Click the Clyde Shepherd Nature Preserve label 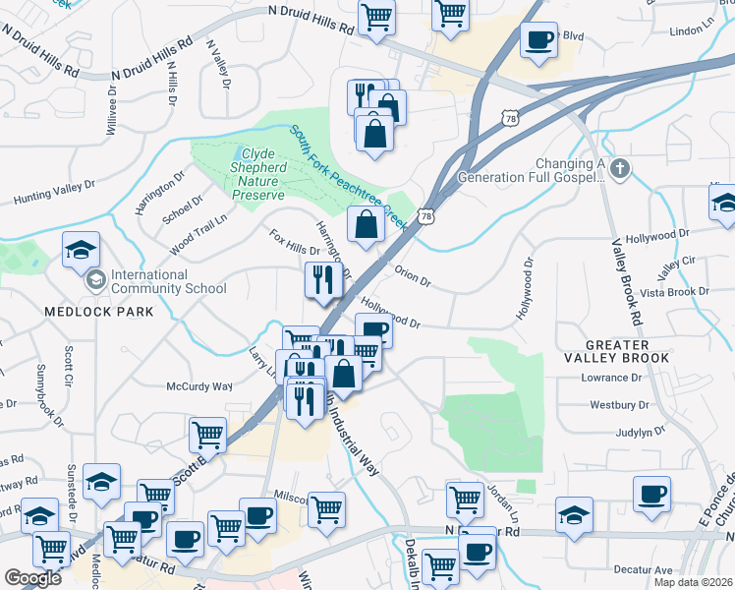259,174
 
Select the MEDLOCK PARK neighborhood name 98,312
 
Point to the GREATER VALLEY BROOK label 628,351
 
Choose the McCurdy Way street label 198,386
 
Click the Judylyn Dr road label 620,431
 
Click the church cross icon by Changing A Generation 619,169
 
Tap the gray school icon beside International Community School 95,281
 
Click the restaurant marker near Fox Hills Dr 323,281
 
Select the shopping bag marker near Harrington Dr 366,224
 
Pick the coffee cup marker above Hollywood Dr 373,331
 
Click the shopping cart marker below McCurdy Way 207,434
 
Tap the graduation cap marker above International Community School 81,250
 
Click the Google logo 32,578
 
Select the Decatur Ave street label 643,569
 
